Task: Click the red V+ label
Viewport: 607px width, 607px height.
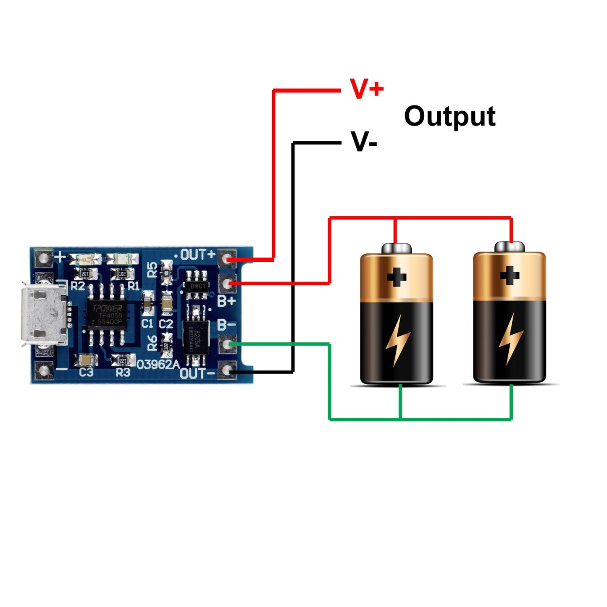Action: click(x=366, y=89)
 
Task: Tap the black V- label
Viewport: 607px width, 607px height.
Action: click(x=364, y=142)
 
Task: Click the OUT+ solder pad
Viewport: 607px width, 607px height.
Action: click(x=227, y=258)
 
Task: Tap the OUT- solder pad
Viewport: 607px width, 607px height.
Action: click(x=227, y=370)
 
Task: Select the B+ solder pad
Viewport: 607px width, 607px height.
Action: click(x=227, y=284)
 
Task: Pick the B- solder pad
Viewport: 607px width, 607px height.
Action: click(x=227, y=344)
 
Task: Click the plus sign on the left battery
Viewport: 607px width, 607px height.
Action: click(x=397, y=277)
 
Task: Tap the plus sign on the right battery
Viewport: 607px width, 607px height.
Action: click(x=510, y=276)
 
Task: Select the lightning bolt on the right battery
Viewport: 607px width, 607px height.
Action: click(x=510, y=339)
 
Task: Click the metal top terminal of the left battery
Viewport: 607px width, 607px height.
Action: click(x=396, y=248)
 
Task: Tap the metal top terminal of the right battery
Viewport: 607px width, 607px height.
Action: click(x=509, y=247)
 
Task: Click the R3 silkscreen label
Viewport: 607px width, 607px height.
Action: click(x=123, y=372)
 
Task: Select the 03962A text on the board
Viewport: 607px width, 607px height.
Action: click(x=158, y=364)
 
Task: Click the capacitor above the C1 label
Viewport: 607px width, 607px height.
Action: click(x=147, y=302)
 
